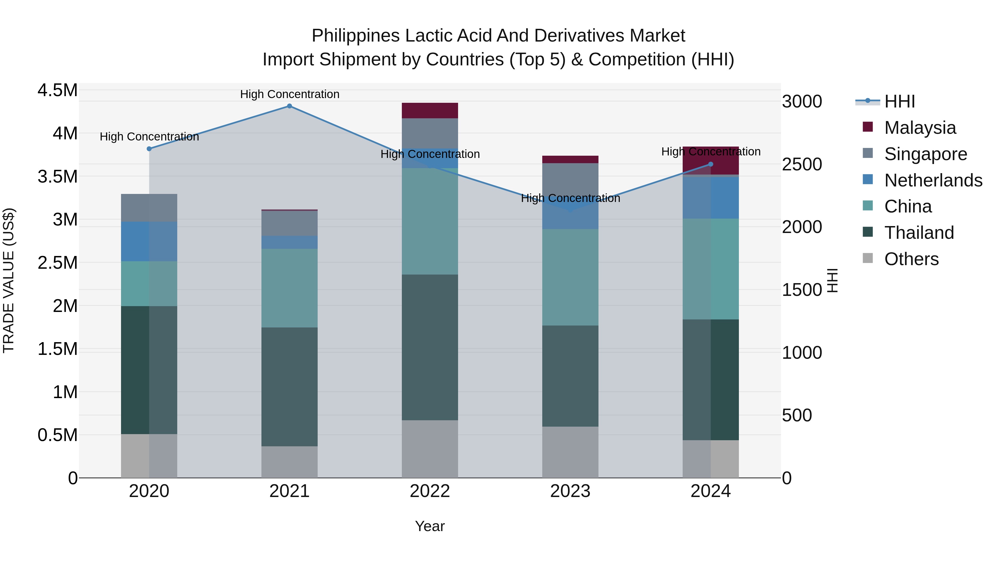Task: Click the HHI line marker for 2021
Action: click(289, 106)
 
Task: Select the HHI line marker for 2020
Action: click(149, 149)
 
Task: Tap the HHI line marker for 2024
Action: click(711, 164)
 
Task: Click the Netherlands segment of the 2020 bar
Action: click(149, 241)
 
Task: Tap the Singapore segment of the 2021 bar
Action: click(289, 223)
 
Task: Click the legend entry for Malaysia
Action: click(920, 128)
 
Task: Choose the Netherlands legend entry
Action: click(933, 180)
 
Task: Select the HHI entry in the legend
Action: click(900, 101)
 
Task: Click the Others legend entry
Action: click(911, 259)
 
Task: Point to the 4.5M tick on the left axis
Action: click(57, 90)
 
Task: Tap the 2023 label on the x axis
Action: click(570, 491)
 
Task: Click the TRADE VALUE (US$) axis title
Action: click(9, 280)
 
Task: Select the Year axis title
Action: click(430, 526)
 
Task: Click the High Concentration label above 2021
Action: click(289, 94)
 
